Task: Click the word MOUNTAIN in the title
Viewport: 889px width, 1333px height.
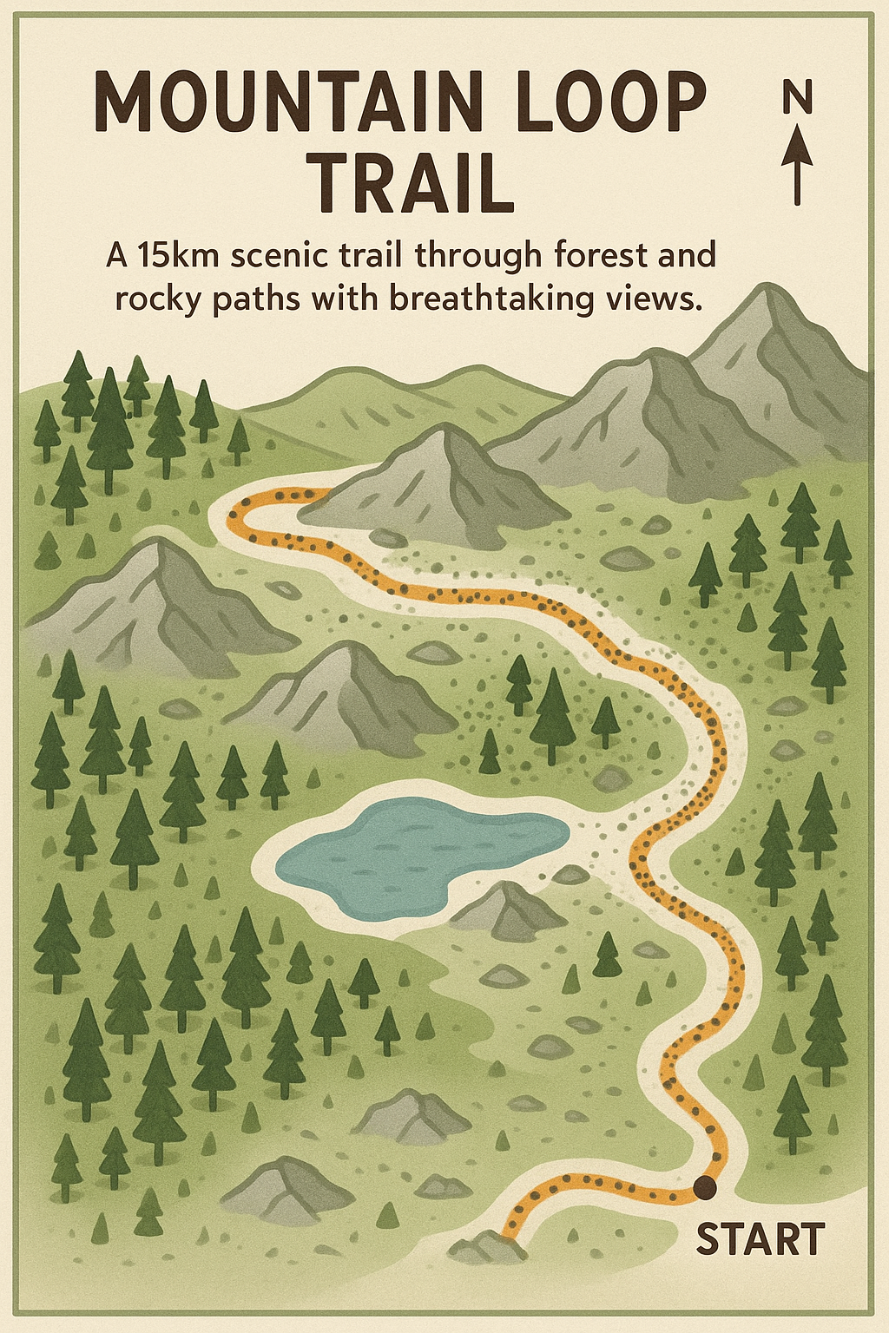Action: (x=287, y=102)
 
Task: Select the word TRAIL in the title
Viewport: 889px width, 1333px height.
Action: (x=413, y=185)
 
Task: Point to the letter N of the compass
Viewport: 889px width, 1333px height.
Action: (x=797, y=97)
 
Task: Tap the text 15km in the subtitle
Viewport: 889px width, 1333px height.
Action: (x=181, y=256)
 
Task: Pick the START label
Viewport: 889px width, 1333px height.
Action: (x=760, y=1239)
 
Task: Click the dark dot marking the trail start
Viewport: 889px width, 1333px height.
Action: (x=704, y=1186)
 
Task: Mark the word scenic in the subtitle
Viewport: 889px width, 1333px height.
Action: (x=280, y=256)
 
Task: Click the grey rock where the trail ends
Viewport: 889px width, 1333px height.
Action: (x=488, y=1248)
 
